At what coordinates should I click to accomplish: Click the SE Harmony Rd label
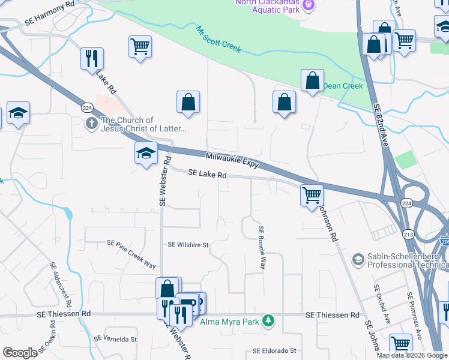tap(50, 20)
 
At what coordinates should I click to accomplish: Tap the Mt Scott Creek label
tap(218, 38)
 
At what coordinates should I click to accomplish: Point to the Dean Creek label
tap(343, 86)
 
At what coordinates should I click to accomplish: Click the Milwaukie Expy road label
tap(232, 160)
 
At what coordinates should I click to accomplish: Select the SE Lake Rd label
tap(207, 175)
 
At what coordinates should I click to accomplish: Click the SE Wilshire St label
tap(188, 245)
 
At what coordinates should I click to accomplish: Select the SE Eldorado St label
tap(275, 350)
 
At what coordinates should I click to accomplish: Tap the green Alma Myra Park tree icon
tap(271, 322)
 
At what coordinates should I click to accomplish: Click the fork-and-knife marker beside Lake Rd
tap(92, 58)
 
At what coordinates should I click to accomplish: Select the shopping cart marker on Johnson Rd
tap(312, 195)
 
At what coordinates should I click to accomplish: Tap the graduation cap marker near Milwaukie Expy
tap(145, 154)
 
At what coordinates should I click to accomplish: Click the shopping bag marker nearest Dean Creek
tap(312, 80)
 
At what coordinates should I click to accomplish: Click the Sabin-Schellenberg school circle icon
tap(358, 259)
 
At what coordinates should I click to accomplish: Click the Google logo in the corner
tap(20, 353)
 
